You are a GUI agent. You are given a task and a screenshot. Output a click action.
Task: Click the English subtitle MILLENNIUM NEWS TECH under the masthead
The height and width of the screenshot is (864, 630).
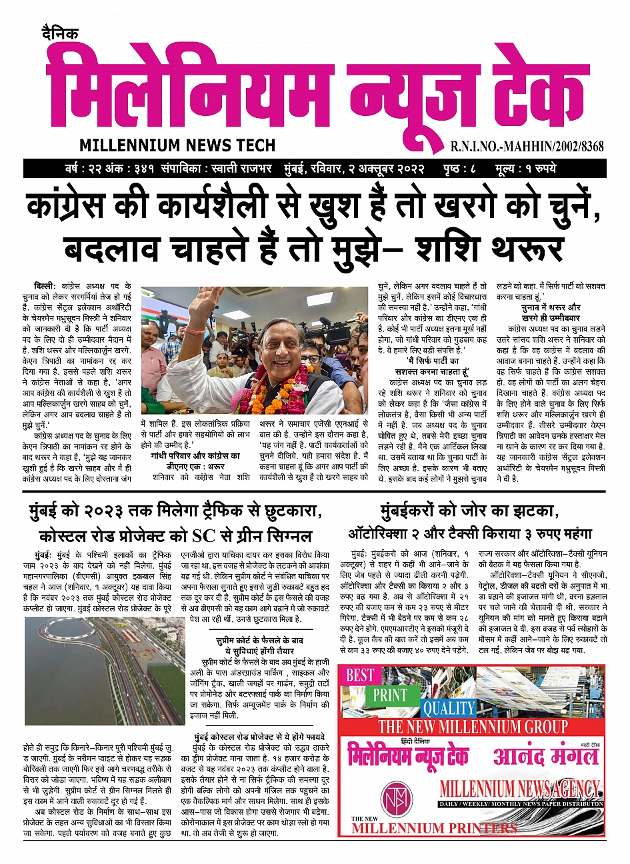click(177, 145)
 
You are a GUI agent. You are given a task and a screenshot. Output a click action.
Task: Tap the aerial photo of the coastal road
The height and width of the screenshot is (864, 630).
click(105, 670)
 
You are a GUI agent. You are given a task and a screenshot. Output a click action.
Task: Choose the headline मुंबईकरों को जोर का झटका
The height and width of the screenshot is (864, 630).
click(468, 512)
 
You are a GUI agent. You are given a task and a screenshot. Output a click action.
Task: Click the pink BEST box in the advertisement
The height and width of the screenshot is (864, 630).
click(360, 675)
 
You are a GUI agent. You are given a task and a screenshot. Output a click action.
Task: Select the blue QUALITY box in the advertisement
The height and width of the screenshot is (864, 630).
click(448, 708)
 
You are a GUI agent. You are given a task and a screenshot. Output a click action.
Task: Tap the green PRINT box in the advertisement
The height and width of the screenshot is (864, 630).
click(390, 695)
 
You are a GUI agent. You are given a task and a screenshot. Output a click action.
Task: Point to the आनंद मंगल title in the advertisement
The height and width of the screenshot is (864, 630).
click(545, 757)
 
